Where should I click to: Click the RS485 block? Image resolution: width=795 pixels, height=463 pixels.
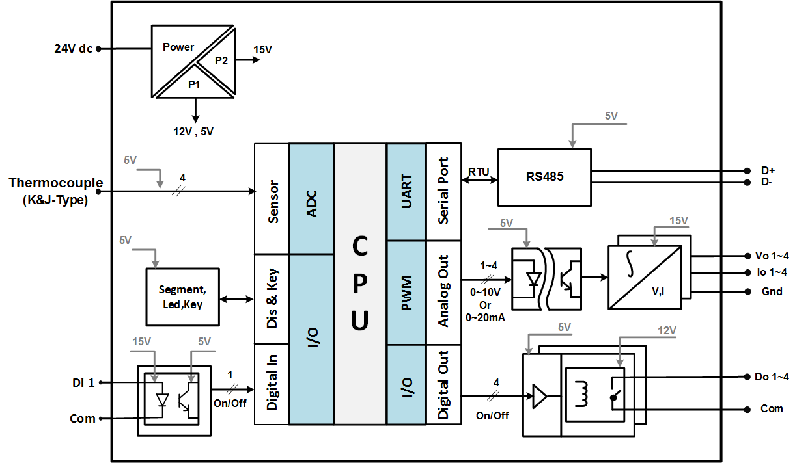544,176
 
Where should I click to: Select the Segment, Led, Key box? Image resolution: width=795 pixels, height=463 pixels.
182,297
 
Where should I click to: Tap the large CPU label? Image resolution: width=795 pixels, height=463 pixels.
360,284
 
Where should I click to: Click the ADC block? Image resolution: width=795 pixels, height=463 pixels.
311,198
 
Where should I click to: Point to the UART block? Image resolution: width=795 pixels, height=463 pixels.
406,191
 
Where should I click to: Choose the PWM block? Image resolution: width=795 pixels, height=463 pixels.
406,293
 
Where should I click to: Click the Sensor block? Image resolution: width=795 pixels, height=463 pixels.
272,198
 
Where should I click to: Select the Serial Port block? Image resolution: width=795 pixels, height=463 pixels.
443,191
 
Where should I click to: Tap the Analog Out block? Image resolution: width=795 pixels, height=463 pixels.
443,293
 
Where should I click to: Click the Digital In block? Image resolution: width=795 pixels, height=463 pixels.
272,384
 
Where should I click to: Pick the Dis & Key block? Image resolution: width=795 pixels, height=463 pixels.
272,298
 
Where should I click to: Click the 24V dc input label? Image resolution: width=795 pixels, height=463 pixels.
73,49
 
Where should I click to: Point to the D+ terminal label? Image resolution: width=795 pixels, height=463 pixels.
767,170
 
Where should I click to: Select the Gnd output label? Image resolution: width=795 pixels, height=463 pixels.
772,291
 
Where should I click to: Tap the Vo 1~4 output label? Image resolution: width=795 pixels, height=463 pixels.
775,256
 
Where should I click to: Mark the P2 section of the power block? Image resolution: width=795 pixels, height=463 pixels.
221,60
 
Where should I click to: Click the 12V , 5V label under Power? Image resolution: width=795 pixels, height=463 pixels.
193,131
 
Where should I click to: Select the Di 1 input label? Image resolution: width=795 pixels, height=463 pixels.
83,383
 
